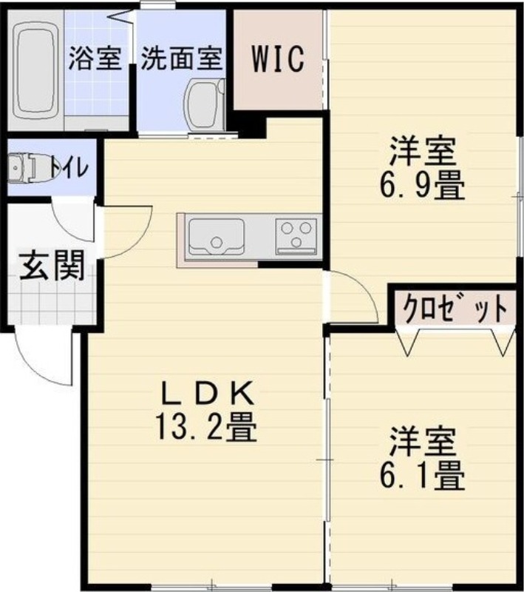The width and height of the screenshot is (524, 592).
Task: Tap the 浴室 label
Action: [95, 58]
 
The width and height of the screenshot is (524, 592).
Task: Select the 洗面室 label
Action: [181, 58]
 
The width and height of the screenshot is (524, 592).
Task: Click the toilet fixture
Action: [25, 169]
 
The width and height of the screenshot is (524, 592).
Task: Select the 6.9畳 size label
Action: [422, 188]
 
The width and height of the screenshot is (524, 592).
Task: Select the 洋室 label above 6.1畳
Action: [422, 443]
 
